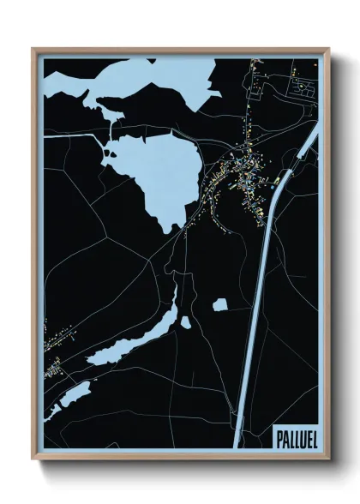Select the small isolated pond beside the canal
point(219,304)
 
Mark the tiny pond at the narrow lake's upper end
point(185,323)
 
